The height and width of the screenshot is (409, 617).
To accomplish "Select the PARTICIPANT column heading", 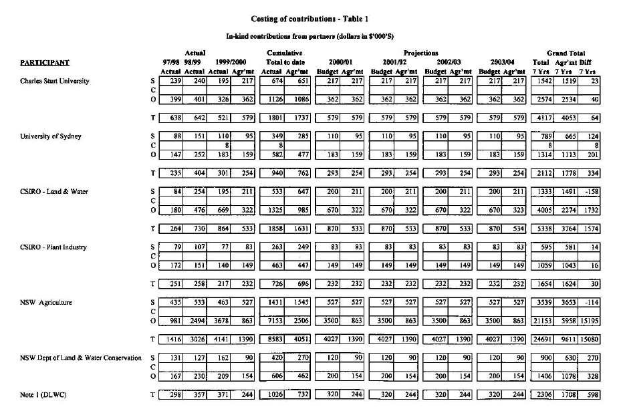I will pyautogui.click(x=45, y=63).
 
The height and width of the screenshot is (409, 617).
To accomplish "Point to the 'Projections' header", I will pyautogui.click(x=420, y=52).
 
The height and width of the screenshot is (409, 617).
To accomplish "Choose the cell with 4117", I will pyautogui.click(x=542, y=118).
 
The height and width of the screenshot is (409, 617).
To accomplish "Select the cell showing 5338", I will pyautogui.click(x=541, y=229).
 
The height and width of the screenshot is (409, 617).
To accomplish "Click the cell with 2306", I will pyautogui.click(x=541, y=394).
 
